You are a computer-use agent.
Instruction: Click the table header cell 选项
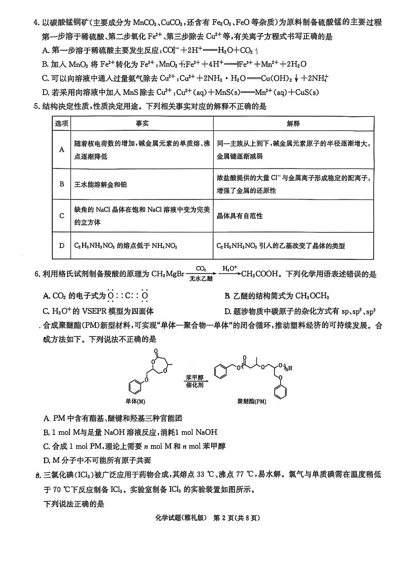click(x=61, y=124)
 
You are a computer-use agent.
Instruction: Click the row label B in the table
click(x=61, y=184)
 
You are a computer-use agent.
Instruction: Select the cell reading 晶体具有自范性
click(x=240, y=216)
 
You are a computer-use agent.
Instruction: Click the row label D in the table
click(x=61, y=246)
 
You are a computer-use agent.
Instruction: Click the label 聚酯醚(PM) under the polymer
click(x=252, y=401)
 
